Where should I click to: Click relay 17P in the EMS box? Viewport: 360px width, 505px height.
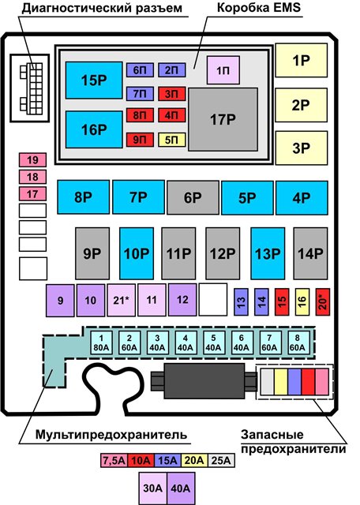[223, 119]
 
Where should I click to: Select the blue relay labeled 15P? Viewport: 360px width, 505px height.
[94, 80]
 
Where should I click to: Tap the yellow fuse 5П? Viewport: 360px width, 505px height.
[172, 140]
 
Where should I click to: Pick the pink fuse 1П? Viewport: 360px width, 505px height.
[223, 70]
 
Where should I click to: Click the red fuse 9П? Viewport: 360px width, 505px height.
[140, 140]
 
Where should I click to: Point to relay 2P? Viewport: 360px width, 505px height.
[301, 105]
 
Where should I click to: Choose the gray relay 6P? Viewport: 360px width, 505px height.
[193, 197]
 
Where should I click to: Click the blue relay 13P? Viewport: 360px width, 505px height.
[268, 253]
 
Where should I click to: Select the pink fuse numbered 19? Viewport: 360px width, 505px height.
[32, 159]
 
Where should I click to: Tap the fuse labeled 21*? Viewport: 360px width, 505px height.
[121, 300]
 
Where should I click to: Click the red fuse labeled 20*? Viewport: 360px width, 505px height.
[323, 301]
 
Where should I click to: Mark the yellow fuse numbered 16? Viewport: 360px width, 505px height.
[302, 301]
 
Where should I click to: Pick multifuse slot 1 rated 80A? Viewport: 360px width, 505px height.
[101, 342]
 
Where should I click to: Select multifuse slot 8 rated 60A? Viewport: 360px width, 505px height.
[297, 342]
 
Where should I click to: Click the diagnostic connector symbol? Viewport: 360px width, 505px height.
[30, 88]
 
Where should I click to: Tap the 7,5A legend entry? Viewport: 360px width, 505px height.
[114, 461]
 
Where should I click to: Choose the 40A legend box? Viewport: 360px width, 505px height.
[181, 488]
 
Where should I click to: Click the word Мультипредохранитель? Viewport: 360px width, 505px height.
[111, 435]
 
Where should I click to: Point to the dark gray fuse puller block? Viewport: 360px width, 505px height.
[204, 381]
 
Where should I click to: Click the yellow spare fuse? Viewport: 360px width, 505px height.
[281, 382]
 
